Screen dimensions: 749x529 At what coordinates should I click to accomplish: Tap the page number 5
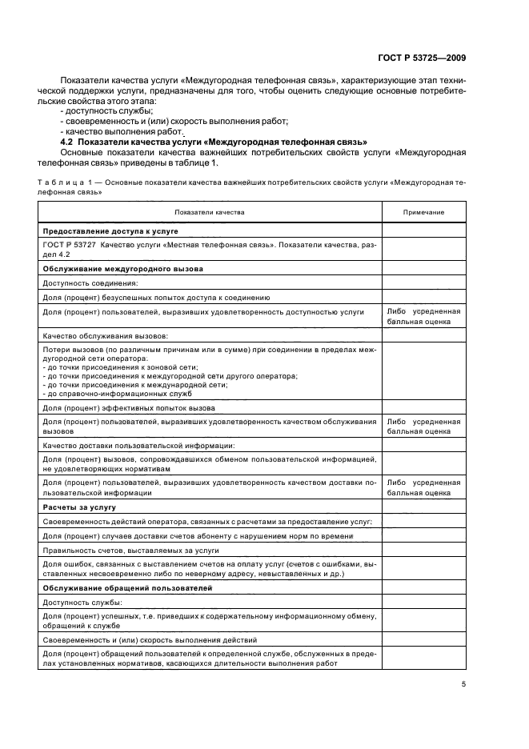[x=463, y=683]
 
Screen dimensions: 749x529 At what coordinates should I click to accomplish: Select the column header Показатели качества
[x=210, y=212]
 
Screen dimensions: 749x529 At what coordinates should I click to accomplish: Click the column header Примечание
[x=423, y=212]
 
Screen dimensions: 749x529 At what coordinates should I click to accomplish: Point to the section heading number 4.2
[x=67, y=142]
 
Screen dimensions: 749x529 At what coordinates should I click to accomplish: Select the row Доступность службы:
[x=82, y=602]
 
